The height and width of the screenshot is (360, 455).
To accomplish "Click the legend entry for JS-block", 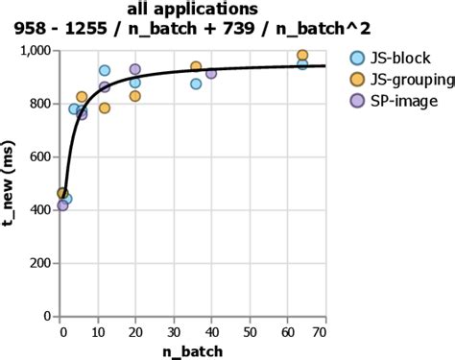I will [x=390, y=57].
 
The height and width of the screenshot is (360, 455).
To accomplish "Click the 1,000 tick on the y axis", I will [x=38, y=51].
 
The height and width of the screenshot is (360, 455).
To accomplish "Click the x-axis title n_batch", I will [x=193, y=350].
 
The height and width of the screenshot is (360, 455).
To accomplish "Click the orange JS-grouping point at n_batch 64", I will [x=302, y=56].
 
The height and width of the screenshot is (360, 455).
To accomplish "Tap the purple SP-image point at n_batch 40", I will [x=211, y=74].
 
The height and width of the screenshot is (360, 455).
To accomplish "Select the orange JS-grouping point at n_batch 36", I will [x=196, y=67].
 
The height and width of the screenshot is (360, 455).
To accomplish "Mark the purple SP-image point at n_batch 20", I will [x=135, y=70].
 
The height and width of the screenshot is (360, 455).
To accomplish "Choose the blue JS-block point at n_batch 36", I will [x=196, y=84].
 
